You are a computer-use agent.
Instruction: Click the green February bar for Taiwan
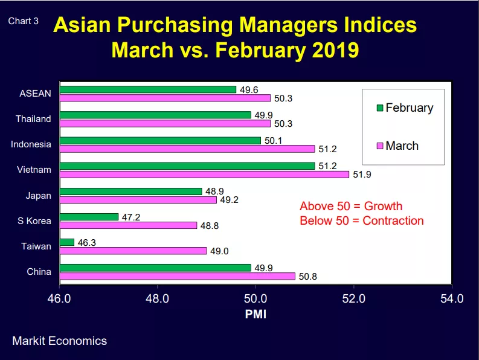67,242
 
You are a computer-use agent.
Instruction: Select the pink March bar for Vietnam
204,175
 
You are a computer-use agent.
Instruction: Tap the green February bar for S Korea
89,217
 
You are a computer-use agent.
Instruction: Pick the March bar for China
178,276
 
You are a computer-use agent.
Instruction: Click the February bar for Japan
130,191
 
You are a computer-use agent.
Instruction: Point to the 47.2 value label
131,217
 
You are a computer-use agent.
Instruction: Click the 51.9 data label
362,175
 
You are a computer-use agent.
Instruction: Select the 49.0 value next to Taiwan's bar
219,251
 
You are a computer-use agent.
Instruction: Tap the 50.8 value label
308,277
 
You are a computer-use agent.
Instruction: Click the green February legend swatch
380,108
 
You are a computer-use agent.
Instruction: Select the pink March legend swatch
380,146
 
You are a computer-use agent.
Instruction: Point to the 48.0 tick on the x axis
157,298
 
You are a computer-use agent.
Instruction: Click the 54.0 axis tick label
452,298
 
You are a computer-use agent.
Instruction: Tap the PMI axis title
256,314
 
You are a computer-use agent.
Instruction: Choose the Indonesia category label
31,144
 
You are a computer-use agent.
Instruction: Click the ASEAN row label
36,94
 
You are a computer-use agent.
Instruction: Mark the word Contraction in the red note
393,220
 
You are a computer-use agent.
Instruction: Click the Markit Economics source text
60,341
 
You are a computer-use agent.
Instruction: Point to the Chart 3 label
23,21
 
